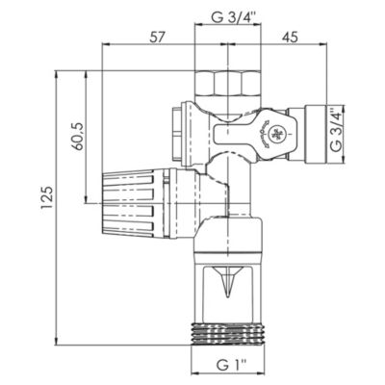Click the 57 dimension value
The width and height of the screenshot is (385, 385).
tap(157, 38)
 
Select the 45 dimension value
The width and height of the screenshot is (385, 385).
tap(290, 38)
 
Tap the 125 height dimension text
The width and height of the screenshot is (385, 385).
tap(46, 197)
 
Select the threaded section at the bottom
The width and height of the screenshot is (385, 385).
tap(228, 334)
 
